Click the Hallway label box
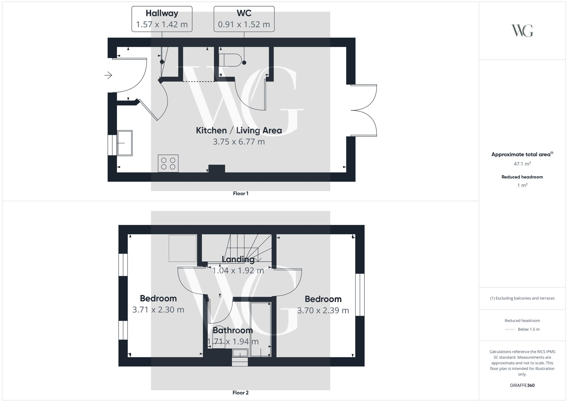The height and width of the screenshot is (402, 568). [x=162, y=19]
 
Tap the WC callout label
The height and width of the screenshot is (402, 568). [x=244, y=19]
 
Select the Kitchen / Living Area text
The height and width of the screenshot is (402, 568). [x=239, y=130]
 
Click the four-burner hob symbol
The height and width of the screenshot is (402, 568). [x=168, y=163]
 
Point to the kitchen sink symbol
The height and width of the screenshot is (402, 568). [x=125, y=143]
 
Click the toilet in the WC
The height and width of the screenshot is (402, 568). [x=230, y=60]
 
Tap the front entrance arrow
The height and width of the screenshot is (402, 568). [x=108, y=75]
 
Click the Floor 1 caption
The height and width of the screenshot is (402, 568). [x=241, y=193]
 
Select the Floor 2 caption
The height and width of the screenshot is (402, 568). [x=241, y=393]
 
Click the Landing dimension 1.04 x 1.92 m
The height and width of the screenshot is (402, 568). [x=238, y=270]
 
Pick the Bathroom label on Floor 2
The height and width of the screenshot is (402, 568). [x=233, y=330]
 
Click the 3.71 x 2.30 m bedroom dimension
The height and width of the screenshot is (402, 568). [x=158, y=310]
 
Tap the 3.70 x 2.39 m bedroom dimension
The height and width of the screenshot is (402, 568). [x=323, y=311]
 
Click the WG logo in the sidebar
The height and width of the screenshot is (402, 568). [x=522, y=31]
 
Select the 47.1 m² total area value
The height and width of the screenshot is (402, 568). [x=522, y=164]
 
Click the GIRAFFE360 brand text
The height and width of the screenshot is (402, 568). [x=522, y=386]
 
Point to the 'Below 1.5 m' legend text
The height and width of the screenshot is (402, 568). [x=529, y=329]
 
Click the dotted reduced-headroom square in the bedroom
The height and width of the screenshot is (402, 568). [x=183, y=248]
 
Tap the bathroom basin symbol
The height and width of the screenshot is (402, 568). [x=240, y=353]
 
